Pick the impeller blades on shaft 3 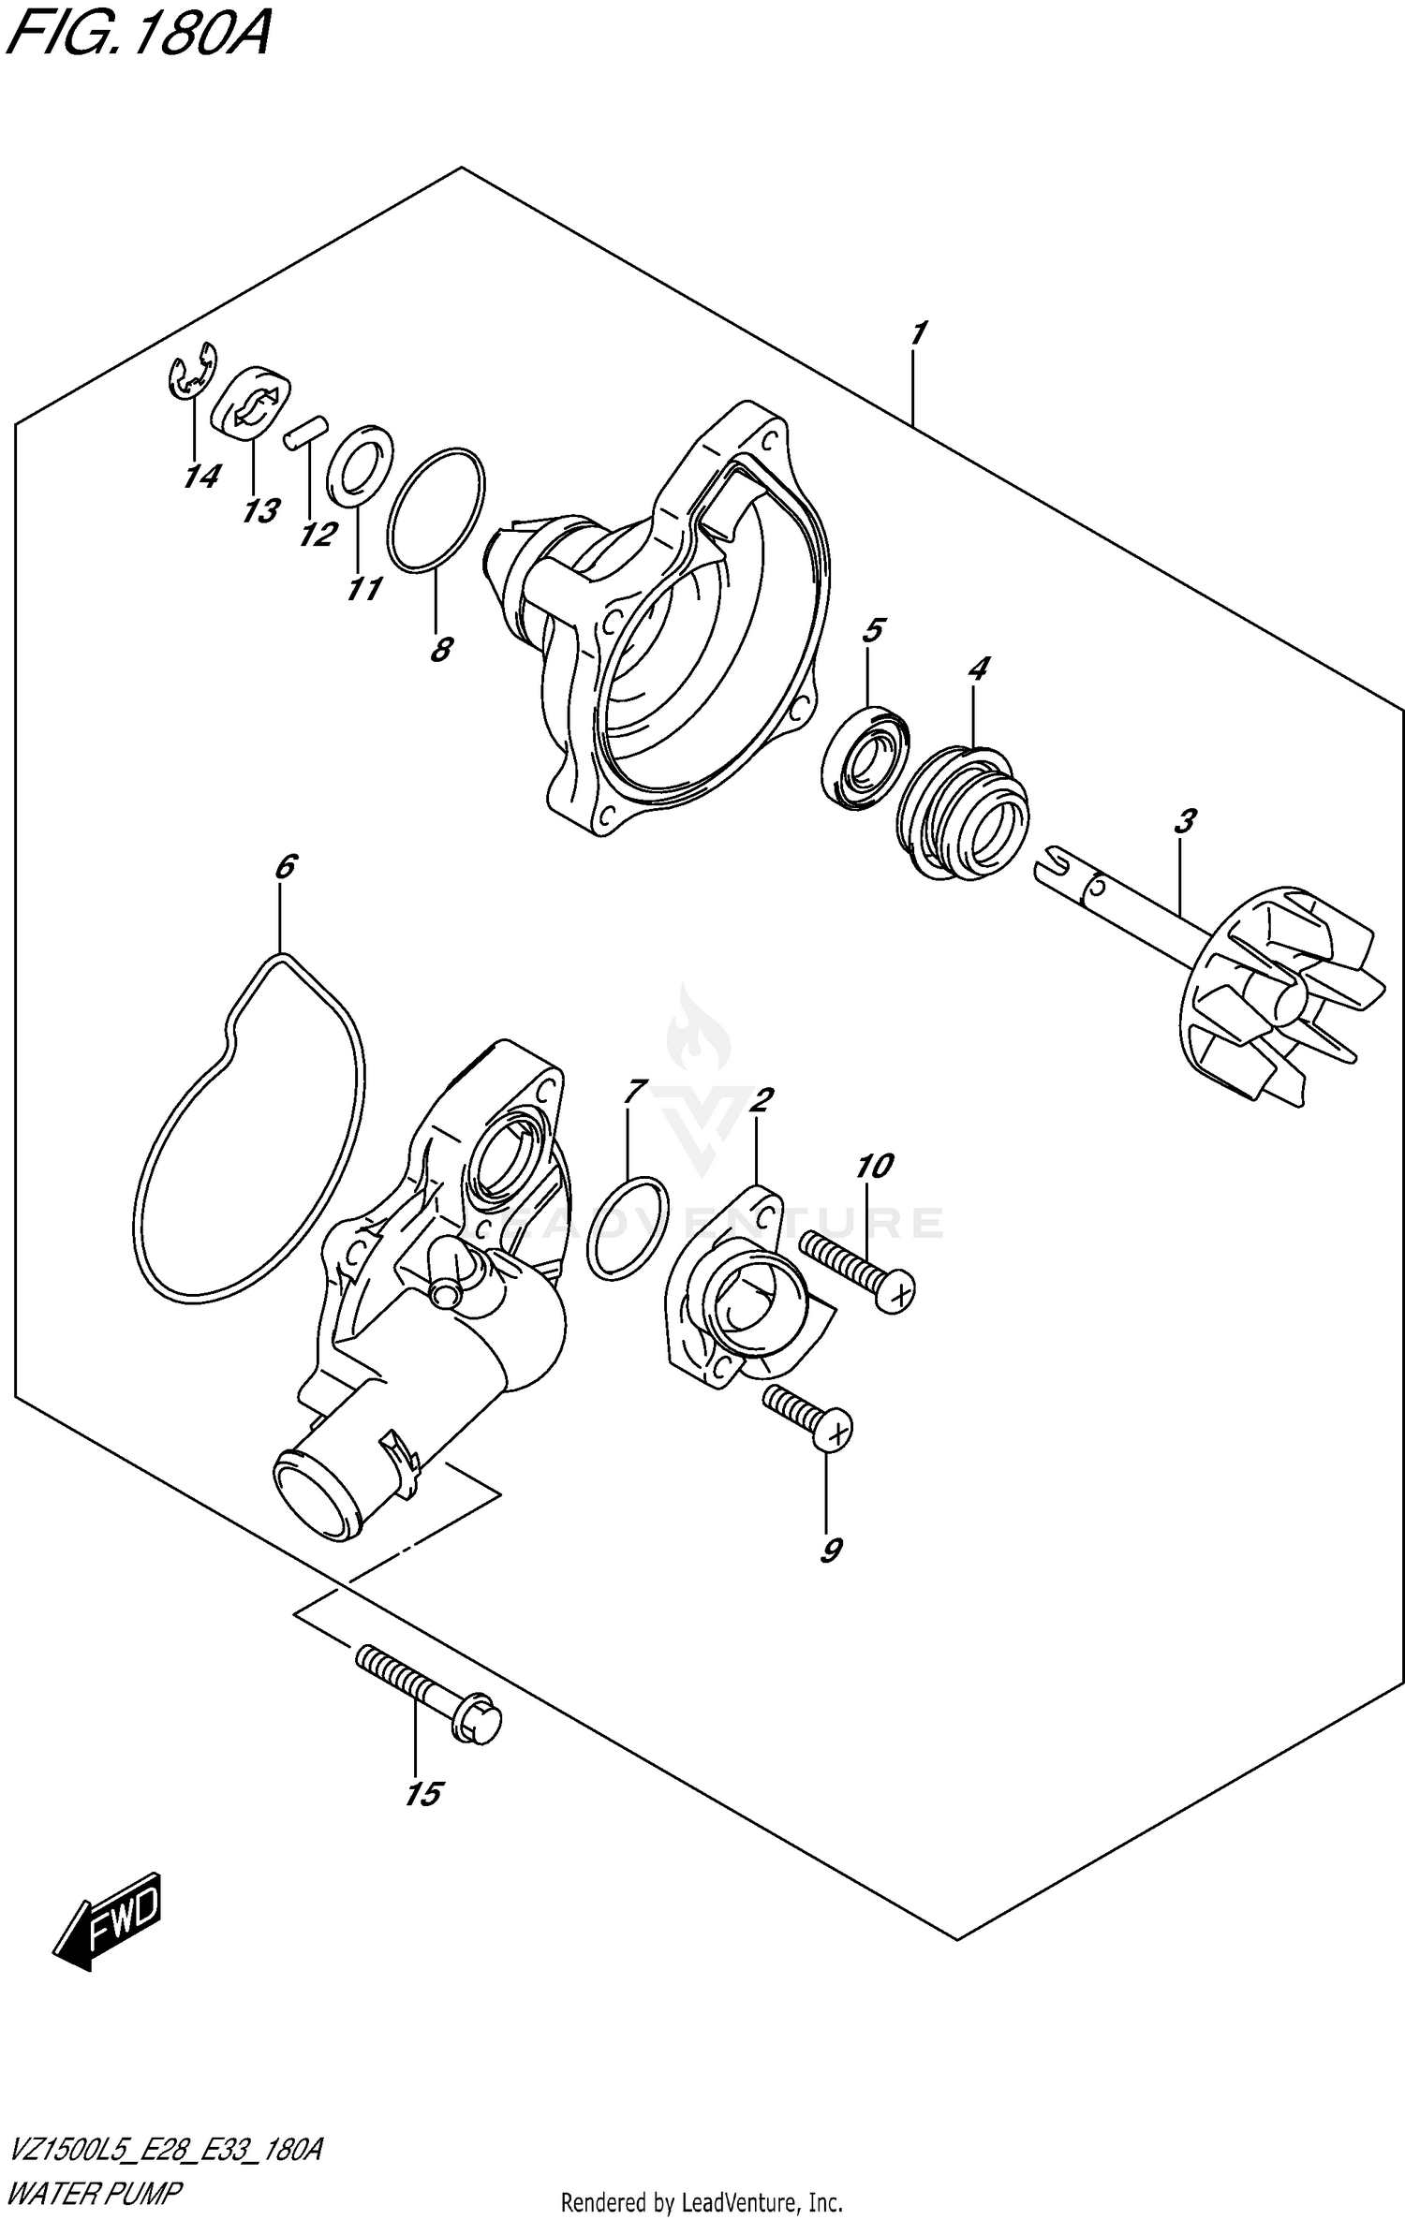click(1302, 997)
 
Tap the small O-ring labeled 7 click(628, 1227)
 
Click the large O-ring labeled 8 click(436, 507)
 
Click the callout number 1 click(918, 332)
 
